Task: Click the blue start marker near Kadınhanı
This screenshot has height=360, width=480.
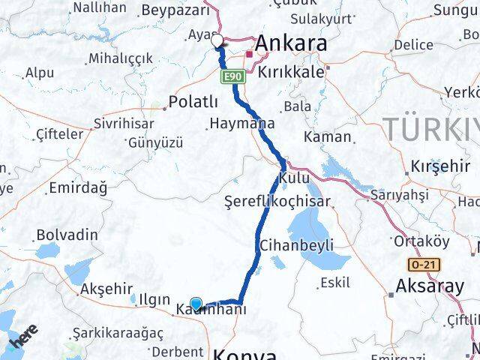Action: tap(196, 304)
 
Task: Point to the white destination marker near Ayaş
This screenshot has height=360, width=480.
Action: tap(217, 40)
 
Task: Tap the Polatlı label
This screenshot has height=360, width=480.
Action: tap(193, 101)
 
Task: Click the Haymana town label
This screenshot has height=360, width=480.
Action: tap(242, 123)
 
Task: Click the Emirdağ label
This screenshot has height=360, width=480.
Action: tap(77, 188)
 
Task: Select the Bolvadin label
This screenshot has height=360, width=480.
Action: tap(67, 235)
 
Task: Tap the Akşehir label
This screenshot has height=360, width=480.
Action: tap(106, 289)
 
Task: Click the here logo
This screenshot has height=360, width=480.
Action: tap(23, 335)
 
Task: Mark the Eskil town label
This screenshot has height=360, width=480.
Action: tap(334, 283)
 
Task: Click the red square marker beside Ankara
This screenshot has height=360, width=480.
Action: tap(249, 53)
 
